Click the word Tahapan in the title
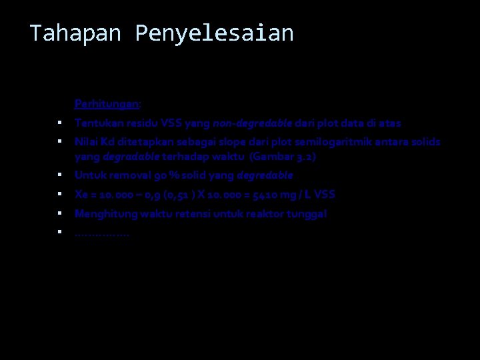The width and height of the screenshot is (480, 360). [75, 33]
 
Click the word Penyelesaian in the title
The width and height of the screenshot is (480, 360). [214, 33]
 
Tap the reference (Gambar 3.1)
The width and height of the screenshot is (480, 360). [283, 157]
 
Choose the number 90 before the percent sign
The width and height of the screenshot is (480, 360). [160, 175]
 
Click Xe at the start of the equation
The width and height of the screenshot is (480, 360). [81, 195]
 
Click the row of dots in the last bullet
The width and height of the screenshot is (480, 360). [102, 233]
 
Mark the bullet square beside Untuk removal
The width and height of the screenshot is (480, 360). [59, 175]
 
